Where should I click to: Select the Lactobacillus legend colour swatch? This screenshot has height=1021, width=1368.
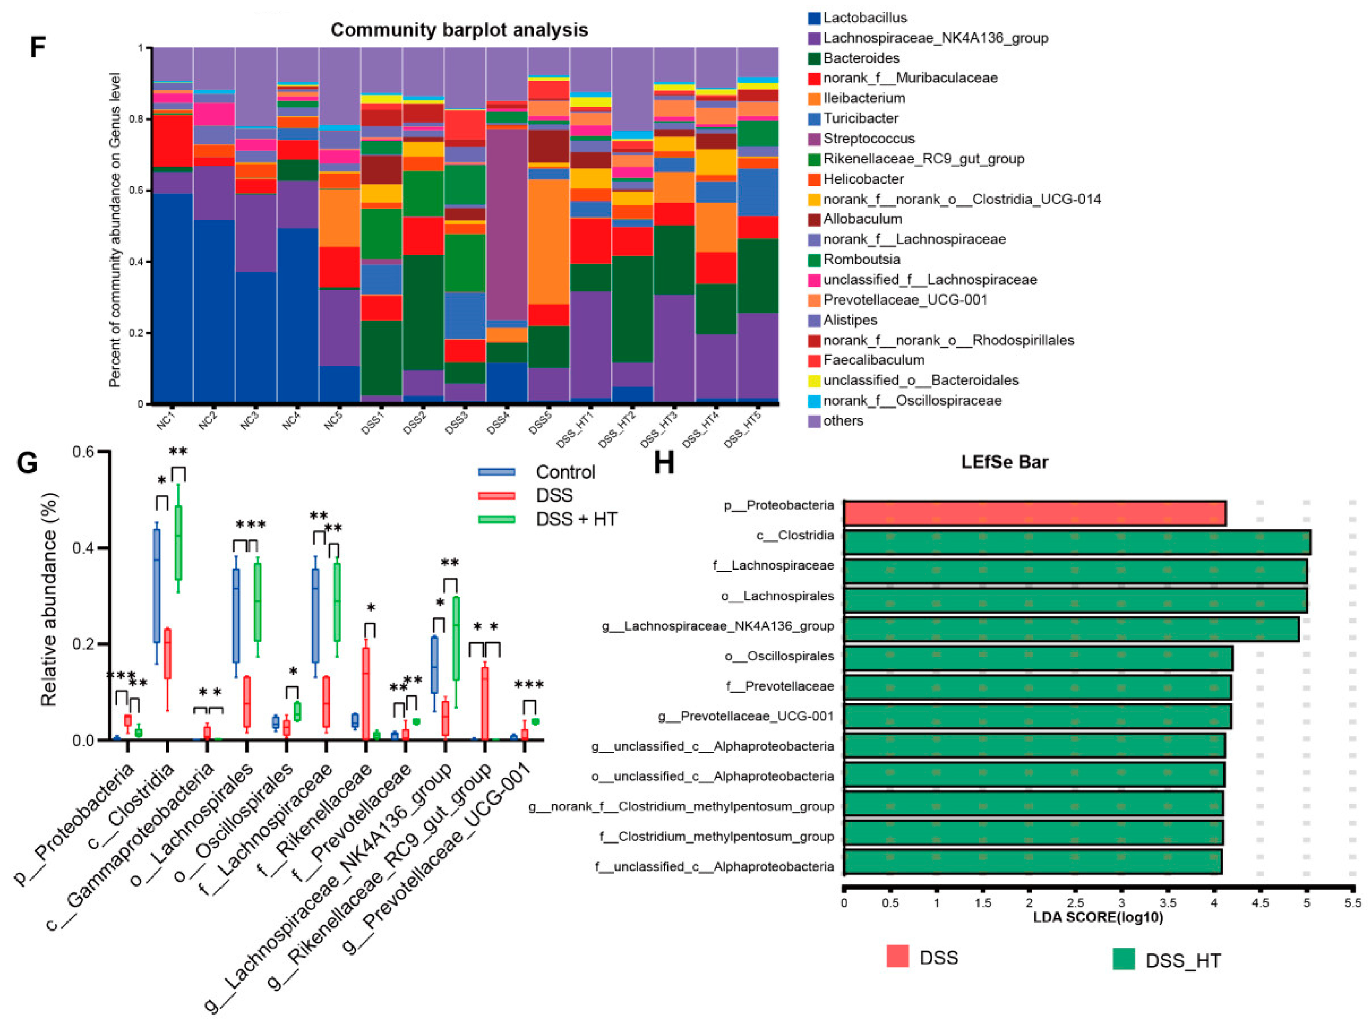pyautogui.click(x=814, y=18)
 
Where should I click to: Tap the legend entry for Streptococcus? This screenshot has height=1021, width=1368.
pyautogui.click(x=869, y=139)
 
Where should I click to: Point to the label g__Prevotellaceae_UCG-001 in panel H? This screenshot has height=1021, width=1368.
pyautogui.click(x=746, y=716)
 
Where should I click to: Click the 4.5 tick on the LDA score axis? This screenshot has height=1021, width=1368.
pyautogui.click(x=1260, y=903)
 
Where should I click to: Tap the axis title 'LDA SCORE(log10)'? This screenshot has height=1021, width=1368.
pyautogui.click(x=1098, y=917)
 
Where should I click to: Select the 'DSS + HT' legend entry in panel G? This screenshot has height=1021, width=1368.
pyautogui.click(x=576, y=519)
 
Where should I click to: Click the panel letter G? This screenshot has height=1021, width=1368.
pyautogui.click(x=27, y=463)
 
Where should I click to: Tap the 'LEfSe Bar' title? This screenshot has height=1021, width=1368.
pyautogui.click(x=1004, y=462)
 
